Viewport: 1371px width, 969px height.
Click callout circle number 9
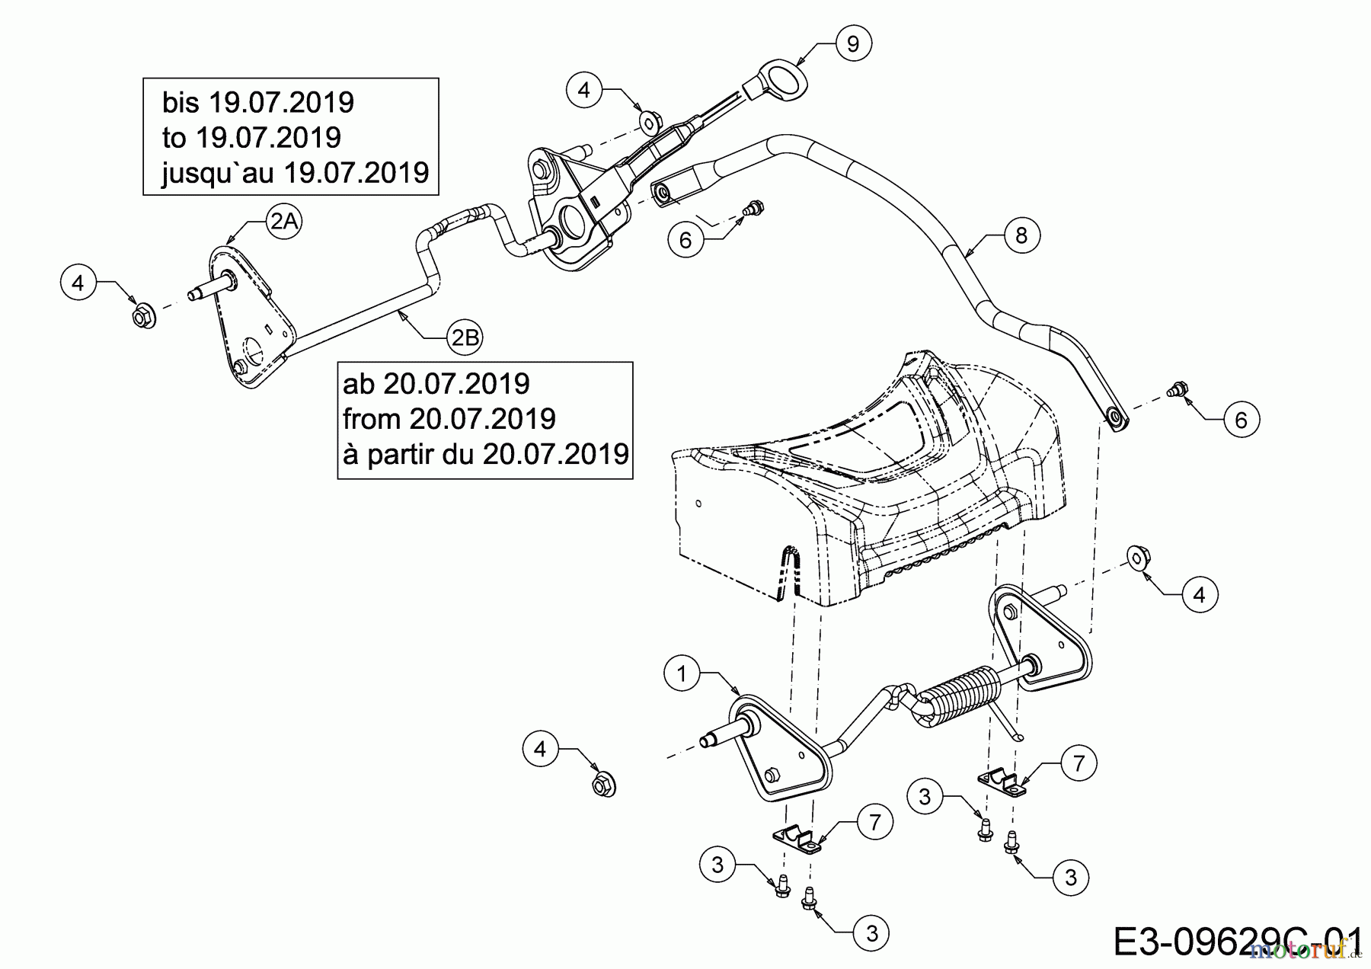pos(852,44)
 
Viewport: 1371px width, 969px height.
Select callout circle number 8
pos(1021,235)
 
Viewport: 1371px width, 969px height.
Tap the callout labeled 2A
pos(284,222)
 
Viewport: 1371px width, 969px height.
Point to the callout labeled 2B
pos(465,337)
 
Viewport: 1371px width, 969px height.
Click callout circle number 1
pos(682,673)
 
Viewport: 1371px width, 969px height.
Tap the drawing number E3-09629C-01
pos(1237,942)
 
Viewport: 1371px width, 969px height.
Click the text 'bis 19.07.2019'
pos(258,102)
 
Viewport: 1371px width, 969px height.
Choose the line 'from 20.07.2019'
pos(449,419)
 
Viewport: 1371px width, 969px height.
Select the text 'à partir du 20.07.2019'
pos(485,455)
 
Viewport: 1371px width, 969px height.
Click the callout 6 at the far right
pos(1241,420)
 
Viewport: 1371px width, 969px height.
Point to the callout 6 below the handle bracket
pos(685,241)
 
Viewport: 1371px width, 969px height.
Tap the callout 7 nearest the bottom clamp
pos(874,822)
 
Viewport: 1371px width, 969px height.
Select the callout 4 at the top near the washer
pos(584,91)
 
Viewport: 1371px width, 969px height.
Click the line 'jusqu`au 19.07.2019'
pos(295,174)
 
